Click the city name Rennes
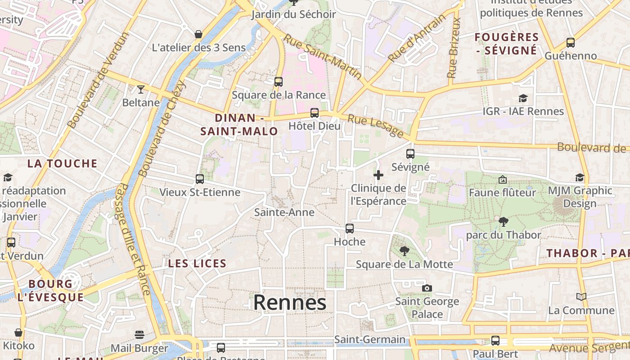[289, 302]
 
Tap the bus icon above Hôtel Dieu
[315, 113]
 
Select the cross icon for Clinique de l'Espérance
[378, 175]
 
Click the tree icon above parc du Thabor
[504, 221]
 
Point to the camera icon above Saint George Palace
[427, 288]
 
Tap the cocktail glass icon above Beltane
[141, 89]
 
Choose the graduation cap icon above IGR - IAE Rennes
[523, 98]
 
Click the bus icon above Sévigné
[410, 154]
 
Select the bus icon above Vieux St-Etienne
[200, 179]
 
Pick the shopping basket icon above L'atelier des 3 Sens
[198, 34]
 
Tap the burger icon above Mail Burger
[139, 335]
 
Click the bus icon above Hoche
[350, 229]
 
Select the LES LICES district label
[197, 264]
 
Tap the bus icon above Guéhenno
[571, 43]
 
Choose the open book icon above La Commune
[581, 297]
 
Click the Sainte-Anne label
[284, 212]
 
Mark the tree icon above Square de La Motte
[405, 251]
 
